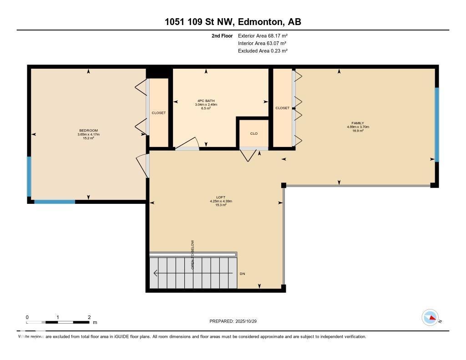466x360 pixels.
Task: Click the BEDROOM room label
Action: pos(88,131)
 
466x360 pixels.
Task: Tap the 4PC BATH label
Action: pos(206,101)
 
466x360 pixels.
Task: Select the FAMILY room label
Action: pos(358,123)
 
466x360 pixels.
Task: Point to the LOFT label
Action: pos(221,198)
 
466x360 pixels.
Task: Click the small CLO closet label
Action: pos(254,133)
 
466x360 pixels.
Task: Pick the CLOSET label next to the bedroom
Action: pos(159,113)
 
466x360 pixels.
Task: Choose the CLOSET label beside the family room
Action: pos(282,108)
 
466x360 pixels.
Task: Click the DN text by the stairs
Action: pos(243,274)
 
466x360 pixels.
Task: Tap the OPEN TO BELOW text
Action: pos(193,255)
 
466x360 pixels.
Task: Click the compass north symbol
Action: pos(430,318)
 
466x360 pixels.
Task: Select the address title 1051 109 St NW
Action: pos(233,22)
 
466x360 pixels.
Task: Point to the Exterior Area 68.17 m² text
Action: pos(263,35)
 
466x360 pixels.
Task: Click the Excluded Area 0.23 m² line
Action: pos(263,51)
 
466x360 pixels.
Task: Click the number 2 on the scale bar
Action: pos(89,317)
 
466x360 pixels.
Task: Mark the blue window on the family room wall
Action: pos(436,125)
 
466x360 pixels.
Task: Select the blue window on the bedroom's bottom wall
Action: pos(55,201)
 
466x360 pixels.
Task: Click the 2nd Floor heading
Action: pos(222,35)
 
